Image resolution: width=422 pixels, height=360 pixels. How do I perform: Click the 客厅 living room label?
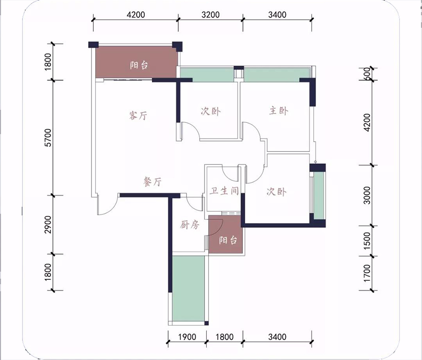(x=138, y=115)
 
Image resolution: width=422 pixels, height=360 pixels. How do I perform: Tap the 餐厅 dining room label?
(x=152, y=181)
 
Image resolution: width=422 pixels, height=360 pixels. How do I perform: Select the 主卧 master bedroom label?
(x=279, y=111)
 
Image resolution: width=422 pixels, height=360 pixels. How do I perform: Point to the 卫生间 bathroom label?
(x=224, y=191)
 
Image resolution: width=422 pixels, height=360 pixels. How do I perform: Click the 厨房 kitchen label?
(x=190, y=225)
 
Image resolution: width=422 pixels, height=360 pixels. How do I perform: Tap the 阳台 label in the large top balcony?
(x=139, y=65)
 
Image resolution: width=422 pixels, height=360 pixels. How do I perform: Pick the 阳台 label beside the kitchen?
(x=228, y=240)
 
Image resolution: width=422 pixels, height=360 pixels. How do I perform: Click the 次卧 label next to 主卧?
(x=211, y=111)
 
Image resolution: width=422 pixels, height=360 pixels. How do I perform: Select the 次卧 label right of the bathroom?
(x=276, y=192)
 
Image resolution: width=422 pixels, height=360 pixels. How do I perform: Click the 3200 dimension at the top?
(x=211, y=15)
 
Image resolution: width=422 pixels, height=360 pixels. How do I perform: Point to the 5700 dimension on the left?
(x=48, y=137)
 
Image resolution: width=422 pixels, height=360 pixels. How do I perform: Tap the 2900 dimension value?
(x=48, y=225)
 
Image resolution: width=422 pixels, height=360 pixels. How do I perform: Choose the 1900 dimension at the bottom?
(x=187, y=337)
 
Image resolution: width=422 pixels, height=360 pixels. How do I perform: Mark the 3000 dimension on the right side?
(x=367, y=195)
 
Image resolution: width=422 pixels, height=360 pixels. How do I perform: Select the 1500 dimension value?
(x=367, y=241)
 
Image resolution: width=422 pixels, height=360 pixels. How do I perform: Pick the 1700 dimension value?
(x=367, y=273)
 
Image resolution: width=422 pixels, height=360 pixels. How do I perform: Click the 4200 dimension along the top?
(x=136, y=15)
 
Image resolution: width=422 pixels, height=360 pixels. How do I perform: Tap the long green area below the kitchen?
(x=188, y=288)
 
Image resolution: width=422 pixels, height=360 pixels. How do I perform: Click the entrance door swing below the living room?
(x=108, y=206)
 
